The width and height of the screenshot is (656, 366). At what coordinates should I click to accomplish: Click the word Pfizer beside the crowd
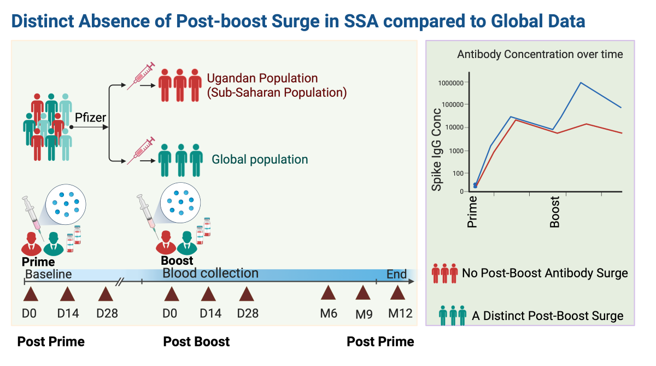pyautogui.click(x=91, y=118)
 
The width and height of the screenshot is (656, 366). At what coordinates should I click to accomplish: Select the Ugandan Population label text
pyautogui.click(x=262, y=78)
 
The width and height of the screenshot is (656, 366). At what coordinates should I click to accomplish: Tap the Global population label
pyautogui.click(x=260, y=160)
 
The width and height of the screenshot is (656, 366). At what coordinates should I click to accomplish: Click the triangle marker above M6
pyautogui.click(x=328, y=294)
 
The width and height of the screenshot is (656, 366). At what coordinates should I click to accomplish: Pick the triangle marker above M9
pyautogui.click(x=363, y=294)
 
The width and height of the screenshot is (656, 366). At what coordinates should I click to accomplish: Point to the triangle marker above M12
pyautogui.click(x=397, y=294)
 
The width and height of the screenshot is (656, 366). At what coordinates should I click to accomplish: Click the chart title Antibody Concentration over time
pyautogui.click(x=540, y=54)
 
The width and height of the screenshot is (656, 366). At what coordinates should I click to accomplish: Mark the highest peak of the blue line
pyautogui.click(x=581, y=83)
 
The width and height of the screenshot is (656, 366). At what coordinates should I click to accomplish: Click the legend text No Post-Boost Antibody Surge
pyautogui.click(x=544, y=272)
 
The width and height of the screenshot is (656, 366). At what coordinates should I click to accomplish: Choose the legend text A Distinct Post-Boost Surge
pyautogui.click(x=547, y=316)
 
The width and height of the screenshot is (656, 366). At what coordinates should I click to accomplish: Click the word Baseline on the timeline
pyautogui.click(x=49, y=274)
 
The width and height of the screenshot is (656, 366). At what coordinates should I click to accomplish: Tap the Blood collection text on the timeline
pyautogui.click(x=210, y=273)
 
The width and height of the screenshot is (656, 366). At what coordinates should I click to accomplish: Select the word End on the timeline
pyautogui.click(x=397, y=274)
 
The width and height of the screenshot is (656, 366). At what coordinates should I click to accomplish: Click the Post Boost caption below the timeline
pyautogui.click(x=196, y=342)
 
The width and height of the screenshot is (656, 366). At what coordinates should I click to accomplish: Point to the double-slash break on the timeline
pyautogui.click(x=120, y=282)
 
